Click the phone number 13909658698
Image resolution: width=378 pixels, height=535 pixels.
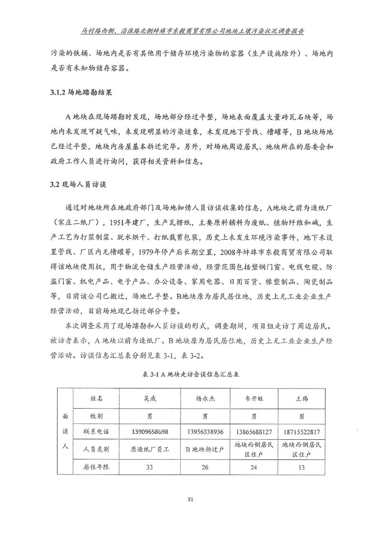click(x=149, y=432)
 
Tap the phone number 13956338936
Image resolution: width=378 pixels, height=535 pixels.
click(x=204, y=432)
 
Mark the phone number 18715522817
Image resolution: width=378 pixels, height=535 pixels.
click(x=301, y=432)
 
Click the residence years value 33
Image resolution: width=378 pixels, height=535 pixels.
click(x=149, y=467)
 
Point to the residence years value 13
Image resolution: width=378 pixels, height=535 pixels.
click(x=301, y=467)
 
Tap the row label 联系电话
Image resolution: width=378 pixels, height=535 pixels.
click(x=96, y=432)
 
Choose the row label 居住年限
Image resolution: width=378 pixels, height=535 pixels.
click(x=96, y=467)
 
